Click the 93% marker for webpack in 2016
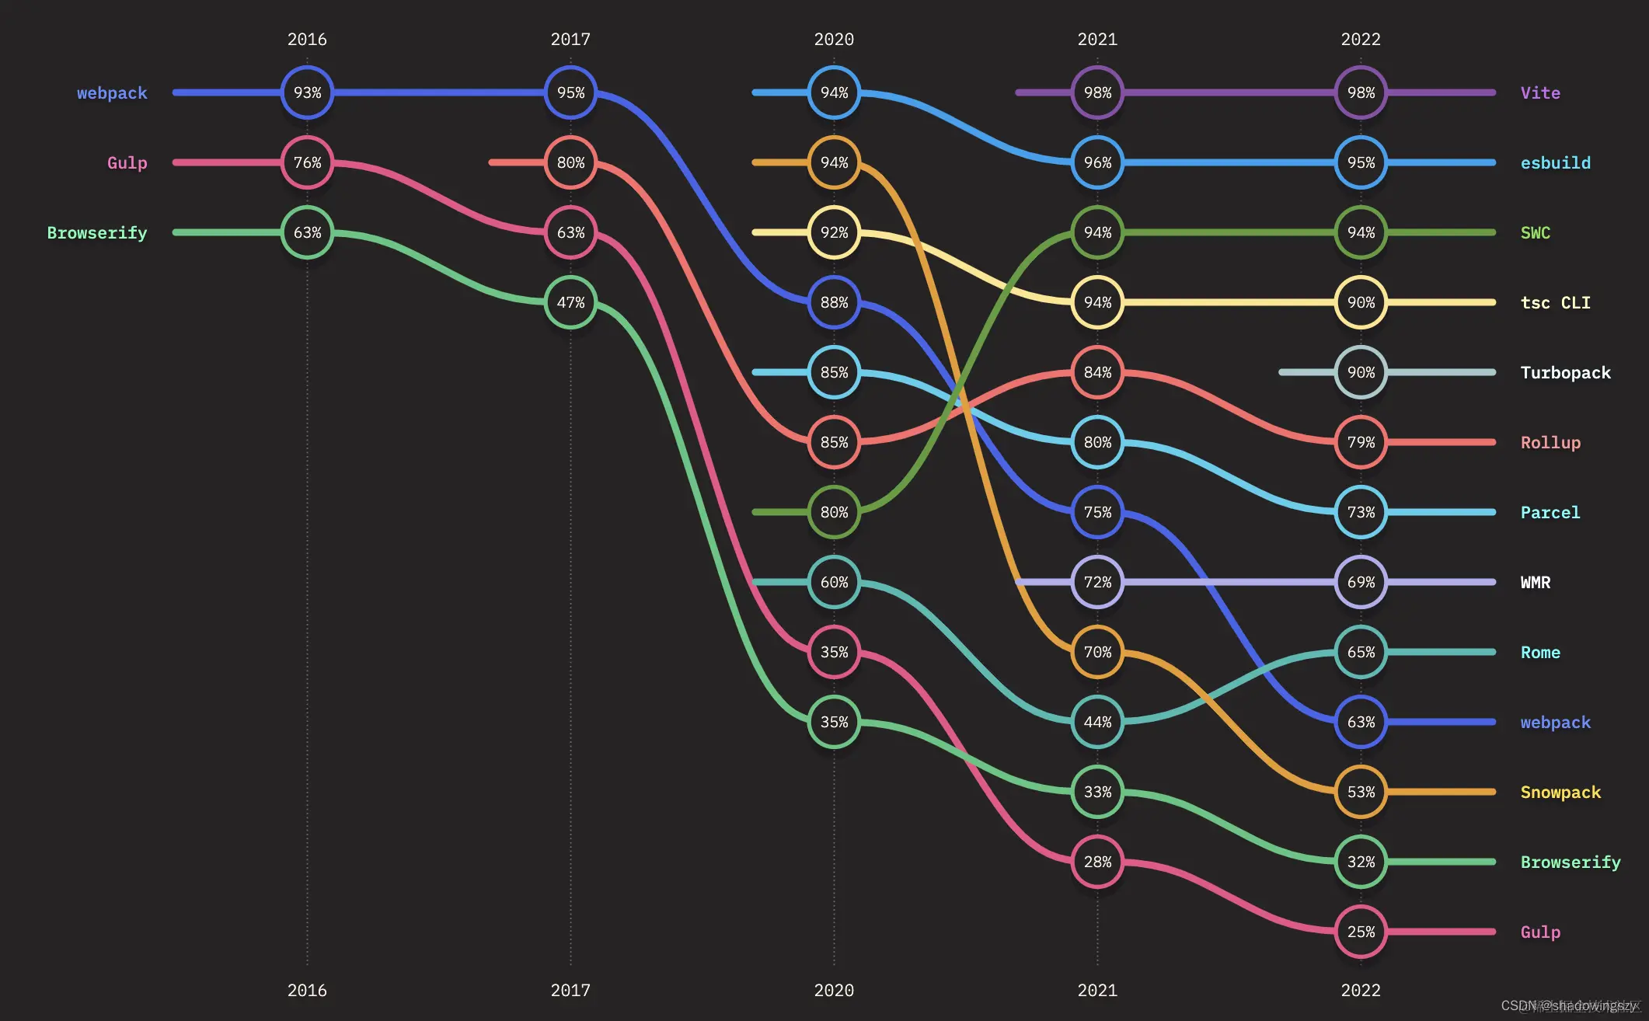307,92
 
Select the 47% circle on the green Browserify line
570,302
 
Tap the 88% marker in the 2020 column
834,302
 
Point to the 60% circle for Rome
834,582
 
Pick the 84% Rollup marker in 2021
1097,372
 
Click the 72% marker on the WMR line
1097,582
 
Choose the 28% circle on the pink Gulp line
1097,862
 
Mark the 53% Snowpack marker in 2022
1361,792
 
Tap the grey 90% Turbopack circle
1361,372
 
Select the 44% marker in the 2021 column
1097,722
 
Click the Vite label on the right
1540,93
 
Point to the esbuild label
1555,163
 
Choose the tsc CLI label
1555,303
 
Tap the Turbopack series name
1565,373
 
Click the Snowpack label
1560,793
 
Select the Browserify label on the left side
97,233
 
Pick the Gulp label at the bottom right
1540,932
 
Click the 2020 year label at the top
834,40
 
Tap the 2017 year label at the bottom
570,991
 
